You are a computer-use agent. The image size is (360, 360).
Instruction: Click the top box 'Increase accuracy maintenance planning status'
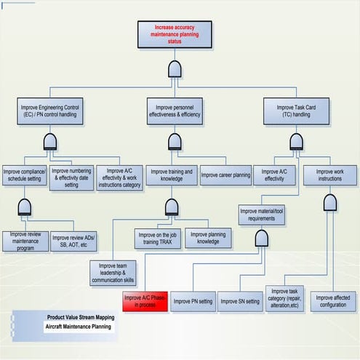point(175,33)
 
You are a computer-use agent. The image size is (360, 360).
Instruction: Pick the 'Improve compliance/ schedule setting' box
point(25,177)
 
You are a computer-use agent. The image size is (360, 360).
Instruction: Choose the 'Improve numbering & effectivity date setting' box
point(71,177)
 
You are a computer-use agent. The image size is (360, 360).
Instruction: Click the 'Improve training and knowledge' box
point(171,175)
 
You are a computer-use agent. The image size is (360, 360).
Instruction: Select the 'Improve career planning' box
point(225,175)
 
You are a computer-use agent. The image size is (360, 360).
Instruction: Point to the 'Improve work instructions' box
point(329,175)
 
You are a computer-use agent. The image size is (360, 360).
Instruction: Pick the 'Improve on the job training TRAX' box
point(157,238)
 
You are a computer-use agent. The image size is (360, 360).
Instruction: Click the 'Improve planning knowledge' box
point(209,238)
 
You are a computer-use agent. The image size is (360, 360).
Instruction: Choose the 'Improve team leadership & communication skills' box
point(113,272)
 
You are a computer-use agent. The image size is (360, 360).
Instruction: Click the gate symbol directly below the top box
point(175,69)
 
